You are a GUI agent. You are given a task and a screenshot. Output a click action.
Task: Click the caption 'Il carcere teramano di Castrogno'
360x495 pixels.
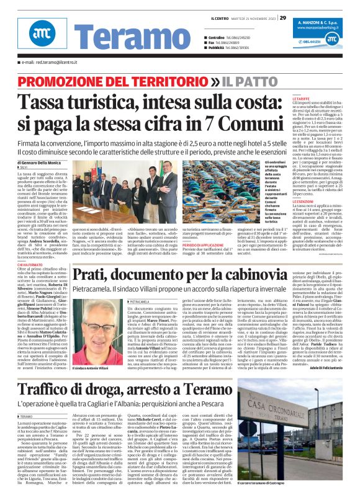pos(314,484)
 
